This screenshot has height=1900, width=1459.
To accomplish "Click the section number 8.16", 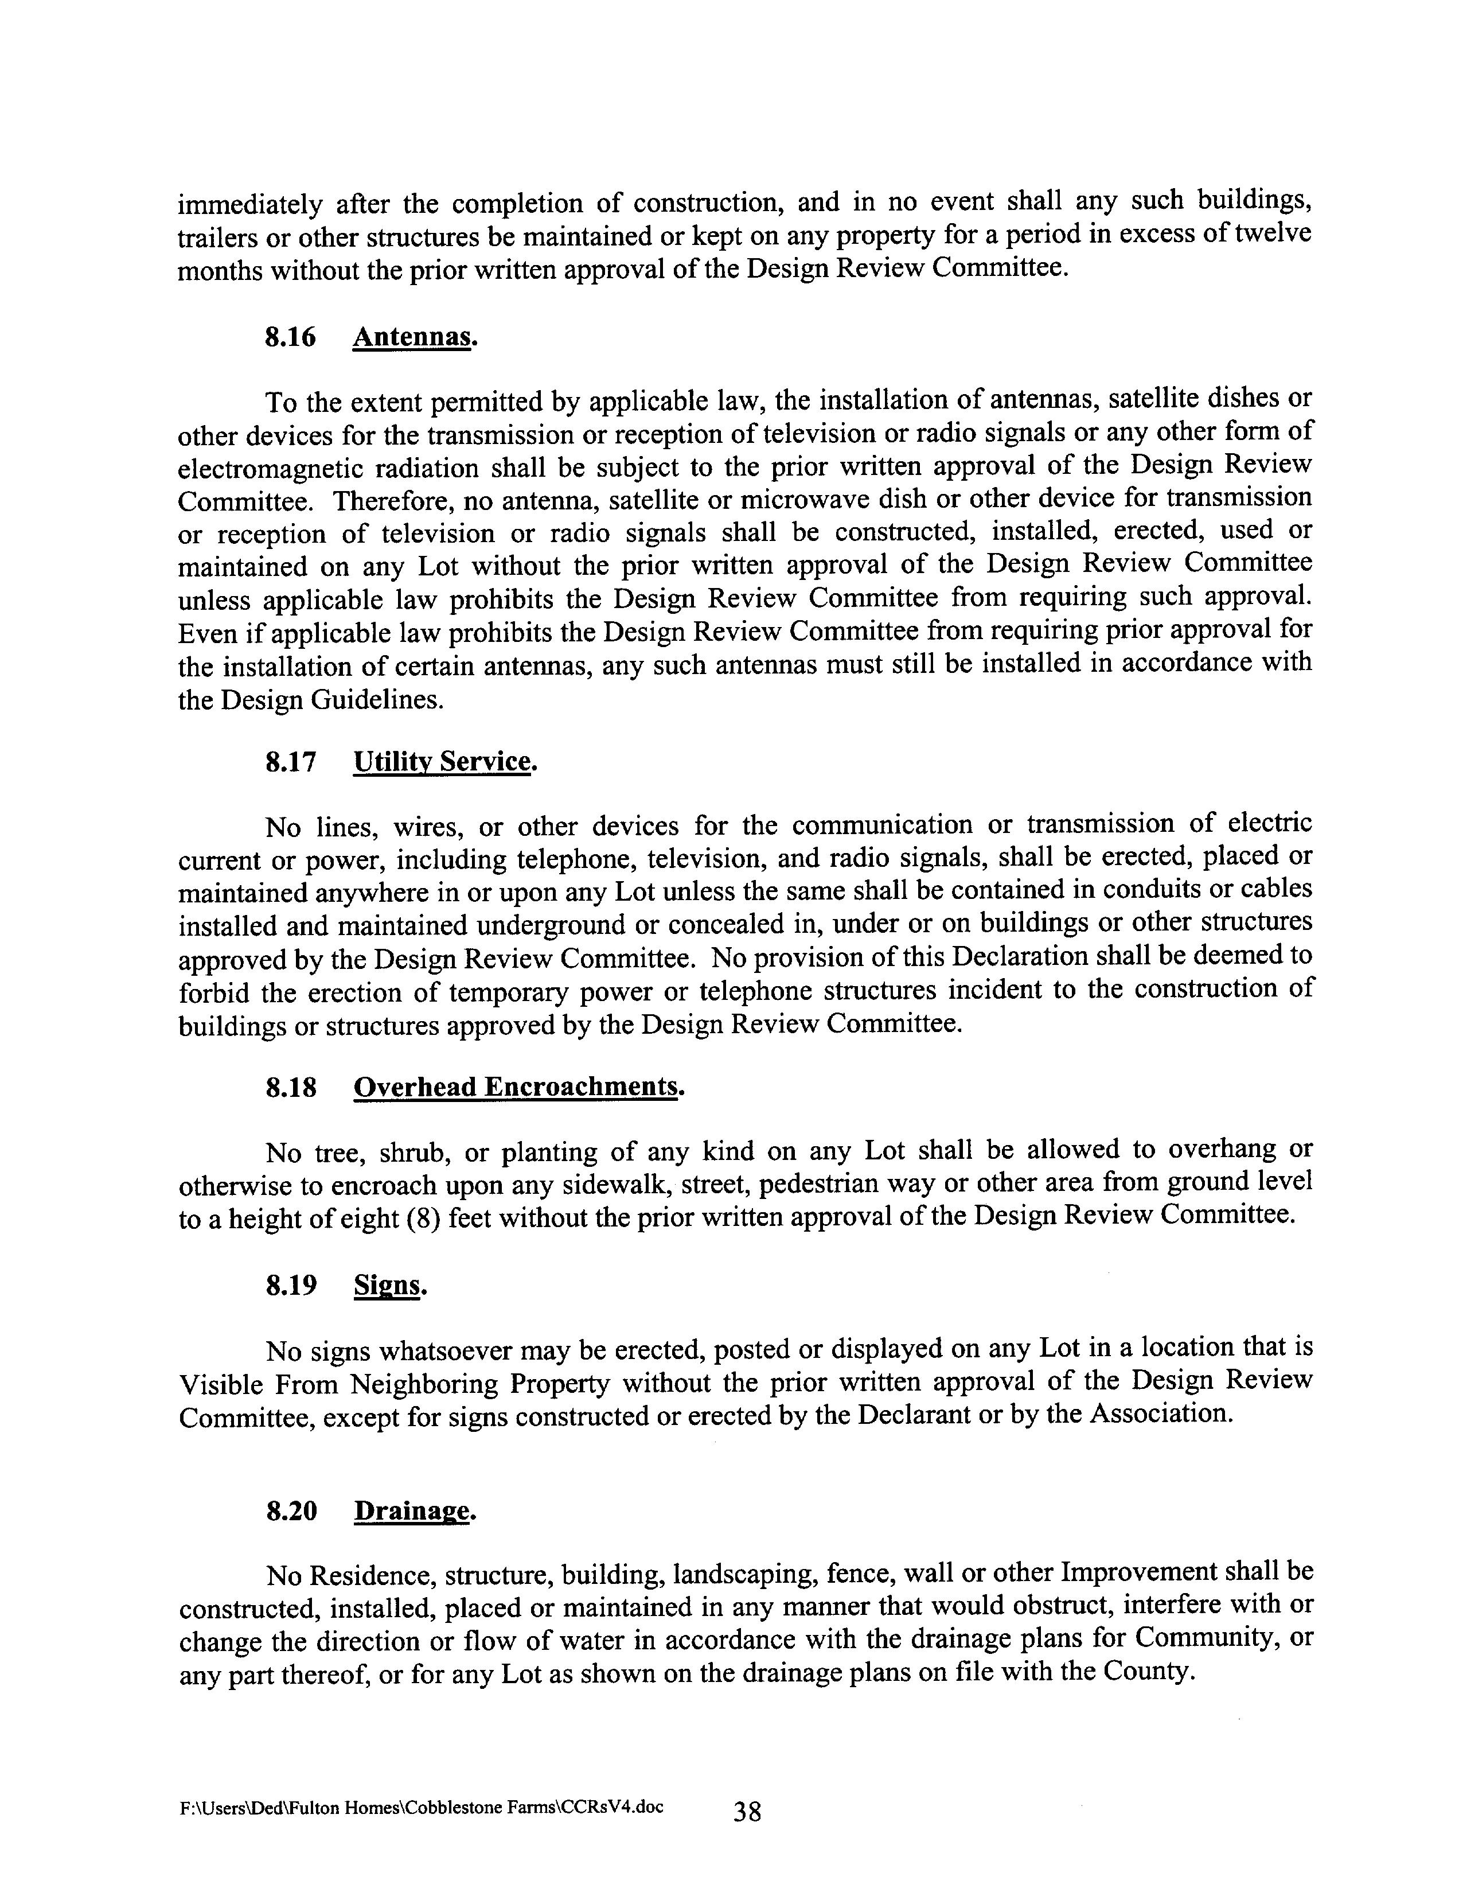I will tap(290, 337).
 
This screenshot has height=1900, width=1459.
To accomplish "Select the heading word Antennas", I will tap(413, 337).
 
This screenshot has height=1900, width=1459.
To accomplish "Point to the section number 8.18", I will tap(291, 1088).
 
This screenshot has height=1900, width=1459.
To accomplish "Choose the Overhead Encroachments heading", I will tap(516, 1088).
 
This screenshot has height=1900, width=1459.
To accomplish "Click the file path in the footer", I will tap(421, 1808).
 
